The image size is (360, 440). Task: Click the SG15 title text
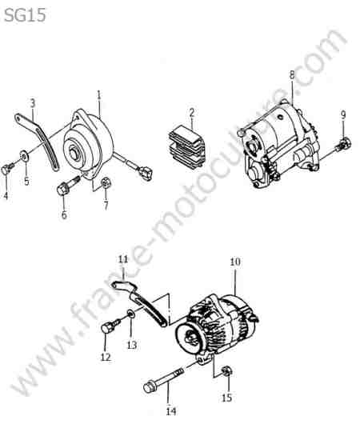click(25, 15)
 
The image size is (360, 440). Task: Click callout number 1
click(98, 95)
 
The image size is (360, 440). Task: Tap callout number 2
click(192, 113)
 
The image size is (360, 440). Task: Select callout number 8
click(292, 75)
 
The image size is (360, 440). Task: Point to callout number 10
click(235, 262)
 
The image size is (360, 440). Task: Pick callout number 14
click(171, 412)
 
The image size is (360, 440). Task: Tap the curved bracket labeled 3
click(38, 140)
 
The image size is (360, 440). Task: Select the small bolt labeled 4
click(7, 169)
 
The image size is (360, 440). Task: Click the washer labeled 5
click(23, 155)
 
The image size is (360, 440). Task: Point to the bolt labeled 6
click(69, 184)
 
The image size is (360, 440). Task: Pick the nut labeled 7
click(106, 184)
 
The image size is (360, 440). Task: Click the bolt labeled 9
click(344, 144)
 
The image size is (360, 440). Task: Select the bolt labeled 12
click(110, 326)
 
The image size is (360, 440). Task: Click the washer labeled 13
click(130, 314)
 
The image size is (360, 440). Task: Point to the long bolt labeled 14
click(163, 380)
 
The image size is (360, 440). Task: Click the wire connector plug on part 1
click(145, 173)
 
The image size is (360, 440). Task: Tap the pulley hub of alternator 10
click(190, 337)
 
